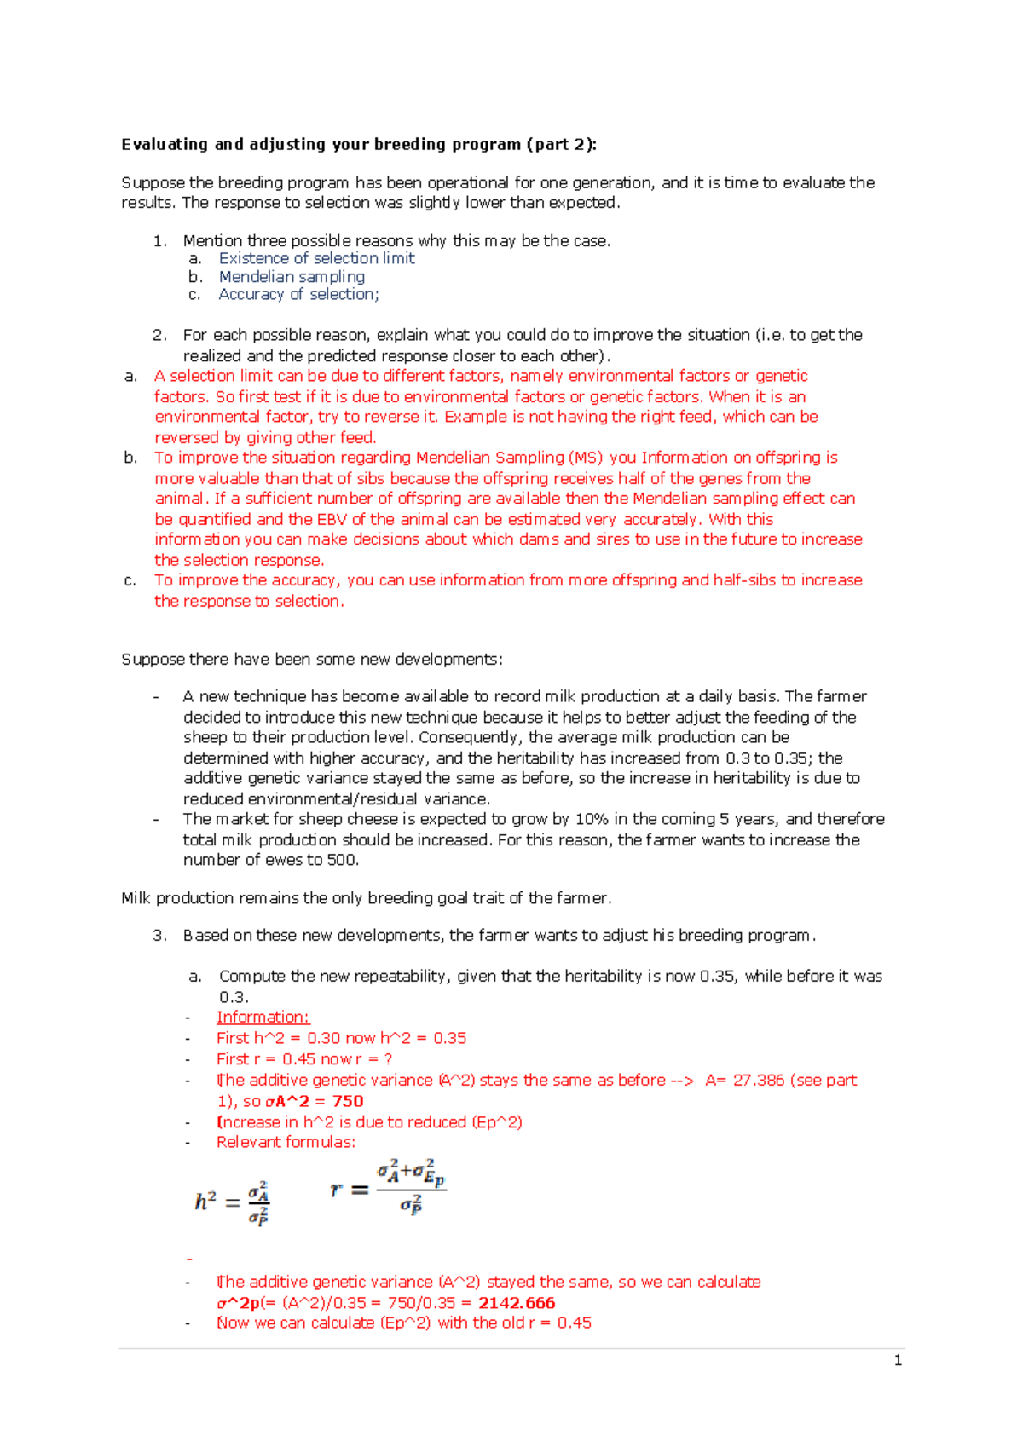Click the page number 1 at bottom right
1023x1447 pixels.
point(898,1361)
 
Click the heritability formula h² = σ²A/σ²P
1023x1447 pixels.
point(233,1202)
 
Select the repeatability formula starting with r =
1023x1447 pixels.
point(389,1188)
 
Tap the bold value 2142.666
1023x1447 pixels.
point(517,1303)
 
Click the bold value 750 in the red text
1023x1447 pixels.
point(348,1101)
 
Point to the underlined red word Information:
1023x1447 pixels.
point(263,1018)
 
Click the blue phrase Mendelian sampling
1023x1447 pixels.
point(292,277)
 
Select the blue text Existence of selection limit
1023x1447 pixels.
point(316,258)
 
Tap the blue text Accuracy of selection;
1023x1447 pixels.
point(298,295)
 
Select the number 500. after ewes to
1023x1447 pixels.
point(343,861)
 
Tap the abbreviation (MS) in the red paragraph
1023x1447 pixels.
point(585,458)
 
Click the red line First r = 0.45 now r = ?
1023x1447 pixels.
point(304,1059)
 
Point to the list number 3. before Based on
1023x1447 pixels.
point(159,936)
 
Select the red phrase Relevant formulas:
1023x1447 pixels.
point(286,1143)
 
